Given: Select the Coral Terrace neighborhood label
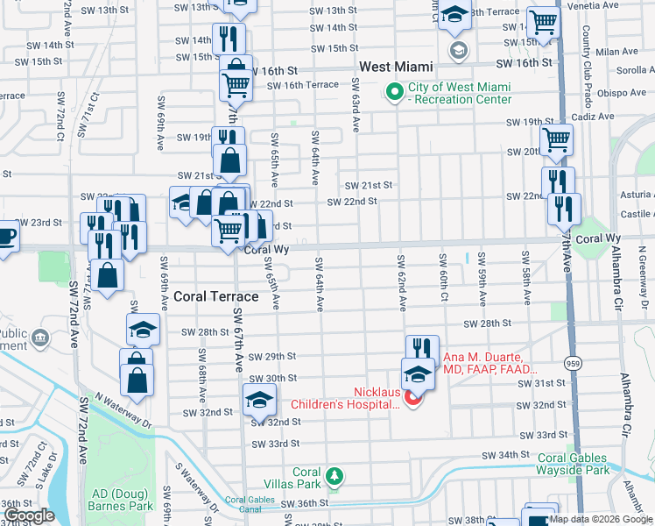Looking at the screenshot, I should (x=215, y=296).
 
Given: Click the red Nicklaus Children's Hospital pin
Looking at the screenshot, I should (x=412, y=400).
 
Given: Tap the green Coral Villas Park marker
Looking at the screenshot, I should (x=333, y=476).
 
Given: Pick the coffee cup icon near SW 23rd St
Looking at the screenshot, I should (x=6, y=238).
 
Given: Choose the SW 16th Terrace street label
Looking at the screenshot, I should (x=303, y=85).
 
